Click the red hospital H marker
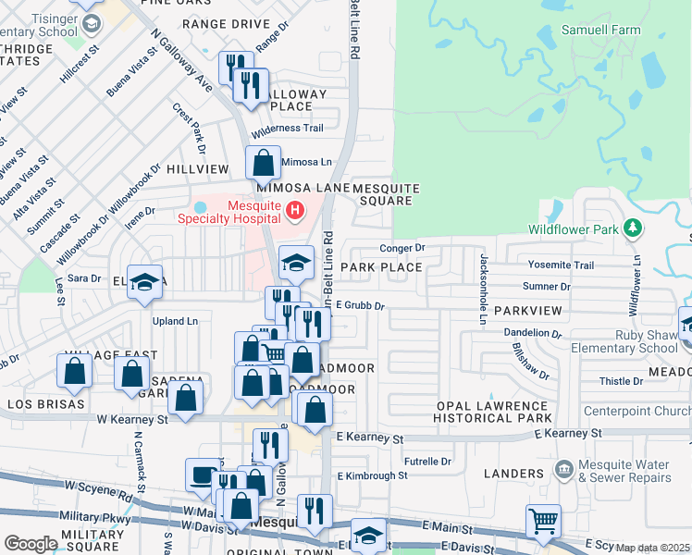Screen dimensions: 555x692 (x=295, y=212)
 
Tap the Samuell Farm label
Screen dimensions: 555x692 (x=600, y=30)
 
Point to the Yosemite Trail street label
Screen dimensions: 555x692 (x=561, y=265)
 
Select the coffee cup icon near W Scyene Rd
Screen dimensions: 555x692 (x=202, y=475)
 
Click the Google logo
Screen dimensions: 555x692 (x=31, y=544)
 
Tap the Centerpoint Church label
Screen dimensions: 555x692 (x=638, y=411)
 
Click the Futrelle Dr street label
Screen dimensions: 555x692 (x=427, y=461)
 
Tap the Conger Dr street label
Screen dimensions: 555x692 (x=402, y=248)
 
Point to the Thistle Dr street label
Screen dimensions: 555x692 (x=621, y=380)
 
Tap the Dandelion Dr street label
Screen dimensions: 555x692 (x=532, y=332)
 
